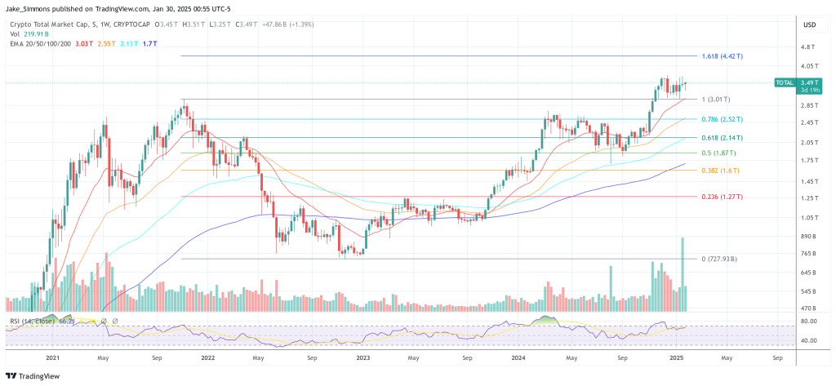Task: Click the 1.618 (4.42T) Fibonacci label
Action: pos(722,56)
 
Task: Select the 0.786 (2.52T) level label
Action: pos(721,119)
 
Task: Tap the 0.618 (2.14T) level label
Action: pos(721,137)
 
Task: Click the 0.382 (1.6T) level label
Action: pos(718,171)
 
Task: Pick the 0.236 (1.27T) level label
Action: pos(721,197)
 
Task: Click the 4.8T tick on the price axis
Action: pos(807,47)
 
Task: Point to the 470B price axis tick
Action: pos(807,308)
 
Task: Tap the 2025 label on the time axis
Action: pos(676,357)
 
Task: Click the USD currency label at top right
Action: pos(810,24)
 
